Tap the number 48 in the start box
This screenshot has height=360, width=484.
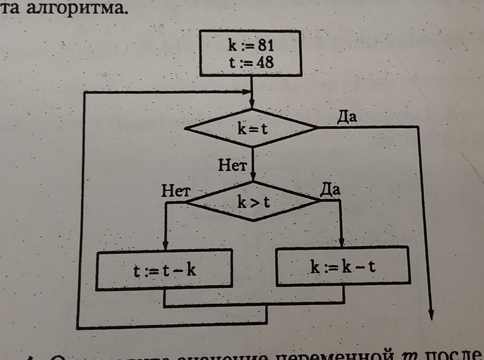point(263,63)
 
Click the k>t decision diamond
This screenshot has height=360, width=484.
point(253,201)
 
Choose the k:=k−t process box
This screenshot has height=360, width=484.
point(343,267)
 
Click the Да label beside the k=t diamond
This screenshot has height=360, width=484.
point(347,118)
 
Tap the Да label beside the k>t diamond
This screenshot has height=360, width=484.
point(330,189)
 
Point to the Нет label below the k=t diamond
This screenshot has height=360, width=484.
point(233,165)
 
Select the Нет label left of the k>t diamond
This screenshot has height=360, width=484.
point(175,191)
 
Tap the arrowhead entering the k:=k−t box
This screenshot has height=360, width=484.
point(342,242)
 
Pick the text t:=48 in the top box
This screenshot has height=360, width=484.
point(251,63)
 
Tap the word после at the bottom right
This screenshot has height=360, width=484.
point(461,354)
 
